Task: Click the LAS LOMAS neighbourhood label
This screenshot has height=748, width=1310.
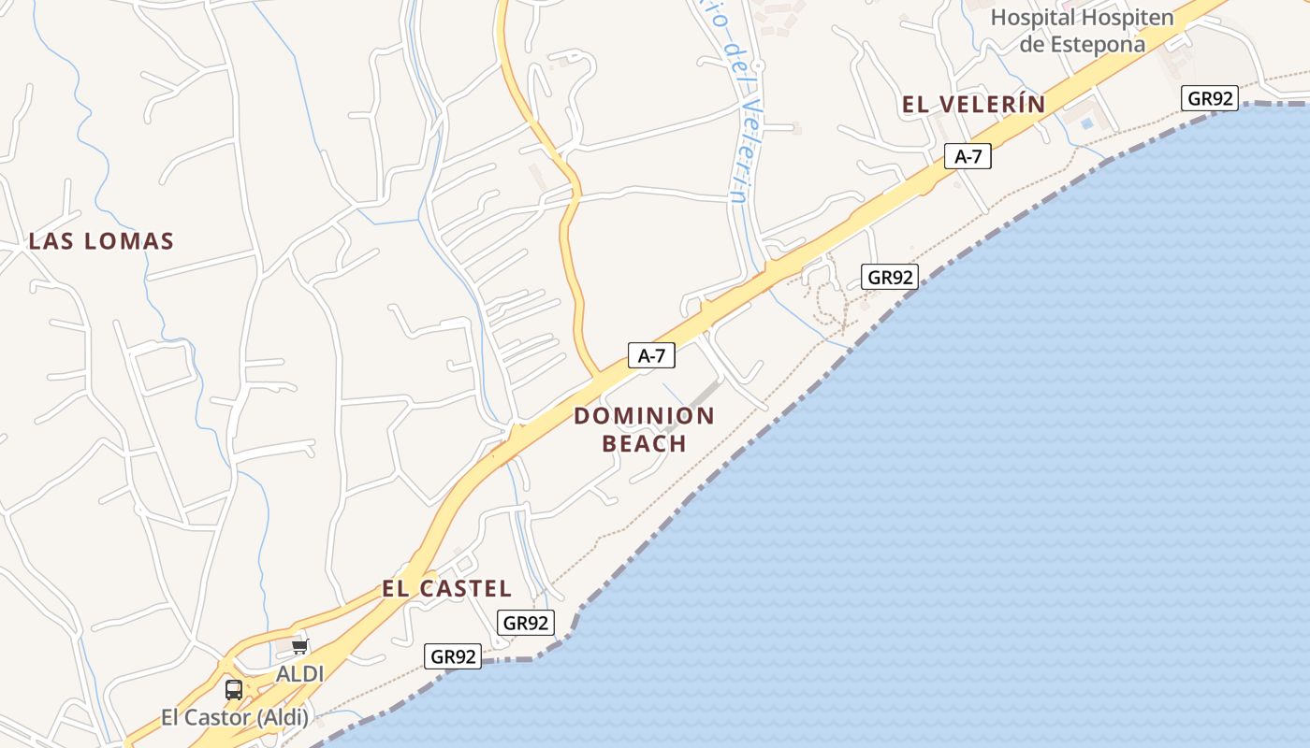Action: pos(101,241)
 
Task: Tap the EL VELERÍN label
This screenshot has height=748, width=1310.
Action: pos(973,105)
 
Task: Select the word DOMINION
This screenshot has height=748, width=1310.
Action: pos(644,416)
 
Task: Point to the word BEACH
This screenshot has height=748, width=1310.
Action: pos(644,443)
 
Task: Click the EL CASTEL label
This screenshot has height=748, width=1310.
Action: pos(446,589)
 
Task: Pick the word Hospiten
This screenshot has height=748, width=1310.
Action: pos(1128,18)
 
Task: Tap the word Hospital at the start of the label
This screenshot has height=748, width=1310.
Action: pos(1033,18)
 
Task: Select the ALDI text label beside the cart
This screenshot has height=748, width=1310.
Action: pos(299,673)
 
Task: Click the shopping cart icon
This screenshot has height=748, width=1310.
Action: pos(299,647)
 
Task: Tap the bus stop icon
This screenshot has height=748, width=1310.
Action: pos(234,690)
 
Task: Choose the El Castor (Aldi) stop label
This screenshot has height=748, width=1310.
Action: pos(234,718)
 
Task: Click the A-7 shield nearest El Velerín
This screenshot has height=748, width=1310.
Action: pos(968,156)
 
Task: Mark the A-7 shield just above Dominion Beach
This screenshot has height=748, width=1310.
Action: pos(651,355)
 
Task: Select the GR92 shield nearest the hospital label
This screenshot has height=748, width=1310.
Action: pos(1210,98)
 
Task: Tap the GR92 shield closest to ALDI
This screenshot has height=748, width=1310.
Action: pos(454,656)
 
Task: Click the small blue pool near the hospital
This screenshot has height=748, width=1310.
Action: pos(1086,122)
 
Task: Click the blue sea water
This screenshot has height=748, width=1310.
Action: pos(1029,467)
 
